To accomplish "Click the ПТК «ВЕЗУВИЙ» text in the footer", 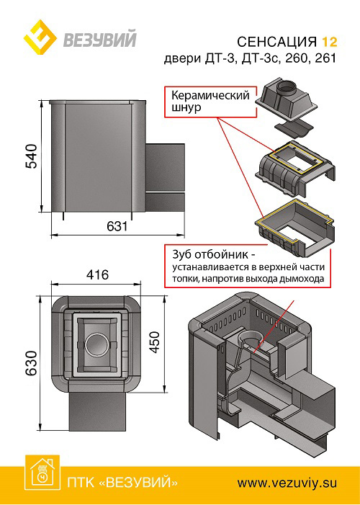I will [122, 481].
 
